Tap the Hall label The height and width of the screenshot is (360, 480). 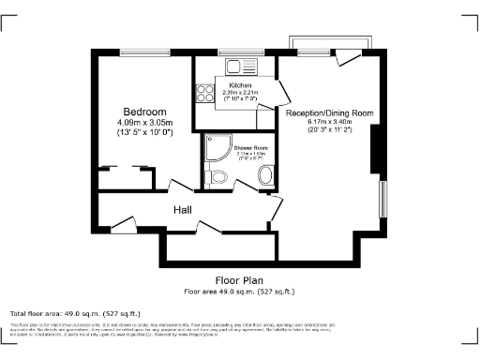pos(183,210)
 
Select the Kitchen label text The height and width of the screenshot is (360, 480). pos(226,85)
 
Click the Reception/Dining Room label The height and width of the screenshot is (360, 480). pos(330,112)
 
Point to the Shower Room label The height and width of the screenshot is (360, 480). pos(238,149)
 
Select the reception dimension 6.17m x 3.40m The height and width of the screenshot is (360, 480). pos(330,123)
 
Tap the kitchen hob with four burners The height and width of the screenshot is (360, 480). pos(203,94)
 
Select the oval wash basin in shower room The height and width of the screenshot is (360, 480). pos(265,175)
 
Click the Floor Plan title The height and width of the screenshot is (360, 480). pos(241,280)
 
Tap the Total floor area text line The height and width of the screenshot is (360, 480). pos(75,312)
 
